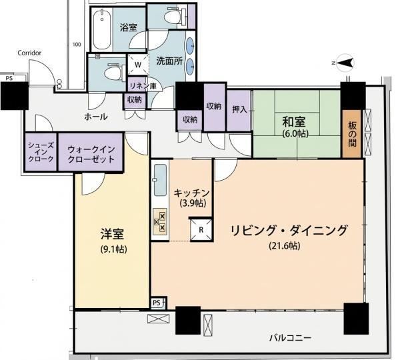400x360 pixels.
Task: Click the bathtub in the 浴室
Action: [102, 29]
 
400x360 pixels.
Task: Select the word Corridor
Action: [29, 53]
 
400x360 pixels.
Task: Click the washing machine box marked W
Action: [138, 65]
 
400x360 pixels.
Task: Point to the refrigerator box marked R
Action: [201, 229]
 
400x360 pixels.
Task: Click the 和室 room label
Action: [293, 122]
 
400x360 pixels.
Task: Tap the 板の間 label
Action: [352, 134]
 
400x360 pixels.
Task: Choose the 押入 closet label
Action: [239, 109]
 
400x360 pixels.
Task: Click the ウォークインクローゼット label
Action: [91, 154]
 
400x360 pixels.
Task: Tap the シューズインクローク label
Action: [41, 152]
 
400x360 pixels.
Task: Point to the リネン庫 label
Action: [143, 86]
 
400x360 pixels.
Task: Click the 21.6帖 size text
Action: [285, 246]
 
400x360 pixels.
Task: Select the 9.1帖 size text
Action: [114, 249]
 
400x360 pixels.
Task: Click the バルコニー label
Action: [290, 338]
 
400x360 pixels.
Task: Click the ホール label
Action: [95, 117]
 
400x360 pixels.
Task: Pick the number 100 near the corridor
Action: [77, 45]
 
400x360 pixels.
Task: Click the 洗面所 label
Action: [169, 61]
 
